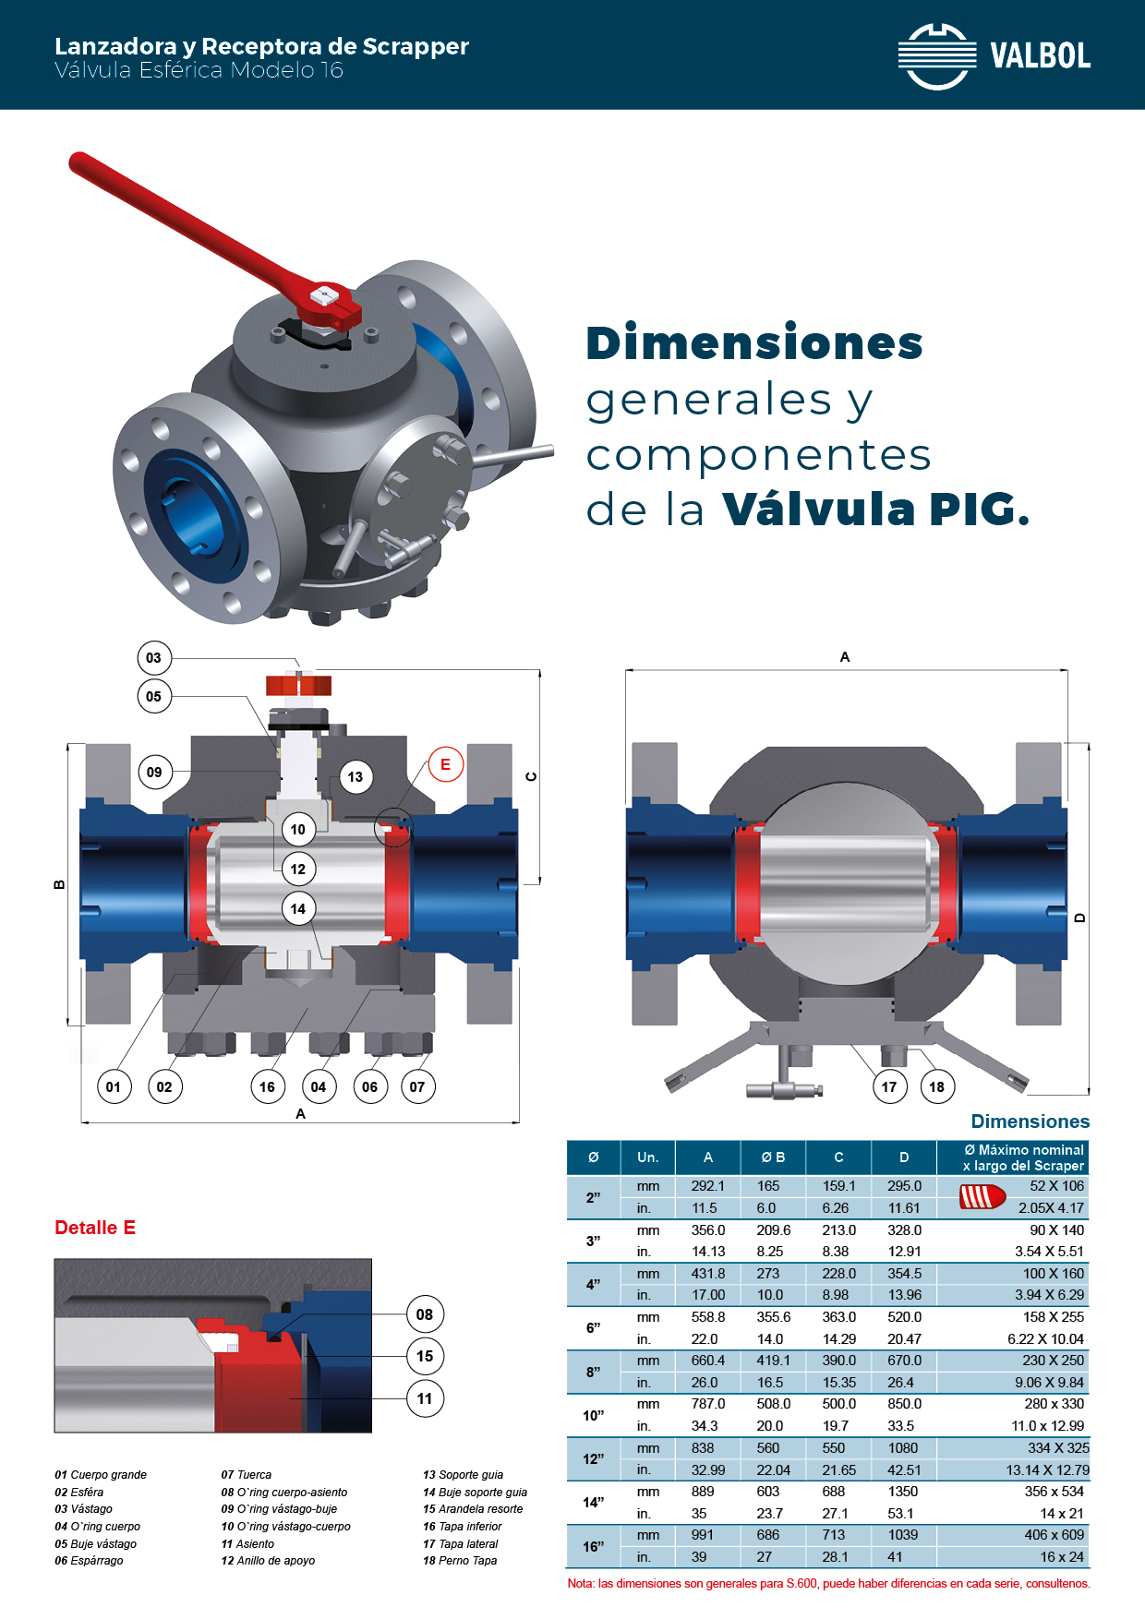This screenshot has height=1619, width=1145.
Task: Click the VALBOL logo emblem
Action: point(937,56)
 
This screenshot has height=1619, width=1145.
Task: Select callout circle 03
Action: point(153,658)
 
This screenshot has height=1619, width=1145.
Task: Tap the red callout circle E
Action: point(445,764)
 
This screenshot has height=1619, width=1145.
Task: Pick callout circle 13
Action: point(356,777)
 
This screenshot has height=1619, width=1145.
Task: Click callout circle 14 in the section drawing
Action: point(298,909)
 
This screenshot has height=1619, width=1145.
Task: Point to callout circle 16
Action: point(267,1086)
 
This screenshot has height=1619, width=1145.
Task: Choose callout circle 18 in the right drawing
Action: point(937,1086)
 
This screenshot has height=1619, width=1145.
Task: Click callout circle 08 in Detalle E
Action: point(425,1314)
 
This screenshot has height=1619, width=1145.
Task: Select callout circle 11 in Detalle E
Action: point(425,1398)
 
